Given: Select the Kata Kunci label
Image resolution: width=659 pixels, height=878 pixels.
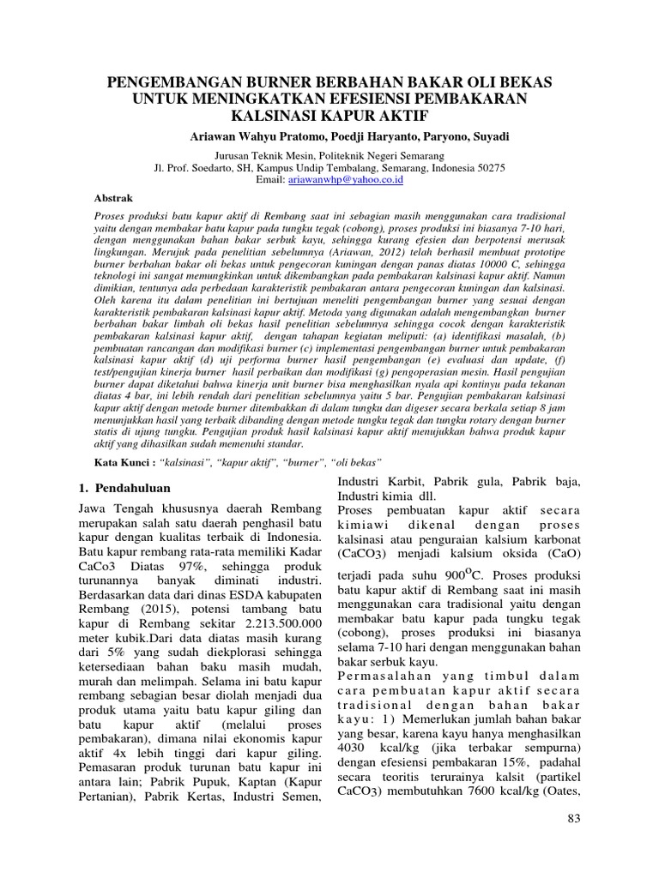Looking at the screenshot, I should coord(126,461).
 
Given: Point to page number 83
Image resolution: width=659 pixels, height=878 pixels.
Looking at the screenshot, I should coord(574,820).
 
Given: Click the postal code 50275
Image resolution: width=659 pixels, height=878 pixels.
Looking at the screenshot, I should coord(490,168).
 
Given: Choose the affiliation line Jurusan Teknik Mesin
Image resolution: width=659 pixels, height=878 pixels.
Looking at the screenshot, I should coord(329,157).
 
